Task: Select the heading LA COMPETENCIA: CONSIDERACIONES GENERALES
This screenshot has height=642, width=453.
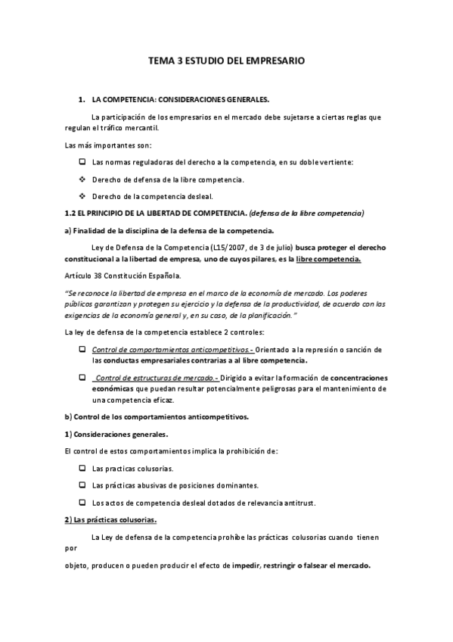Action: click(x=180, y=99)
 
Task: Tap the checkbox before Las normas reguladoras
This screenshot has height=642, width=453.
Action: click(x=82, y=162)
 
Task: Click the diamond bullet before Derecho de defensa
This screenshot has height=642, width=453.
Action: click(x=82, y=179)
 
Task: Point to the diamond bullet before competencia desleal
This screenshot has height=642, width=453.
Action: click(x=82, y=196)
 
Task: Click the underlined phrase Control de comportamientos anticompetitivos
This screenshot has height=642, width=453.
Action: click(x=172, y=349)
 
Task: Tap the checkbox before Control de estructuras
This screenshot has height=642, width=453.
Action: click(x=82, y=377)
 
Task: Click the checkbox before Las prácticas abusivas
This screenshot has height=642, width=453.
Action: click(x=82, y=485)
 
